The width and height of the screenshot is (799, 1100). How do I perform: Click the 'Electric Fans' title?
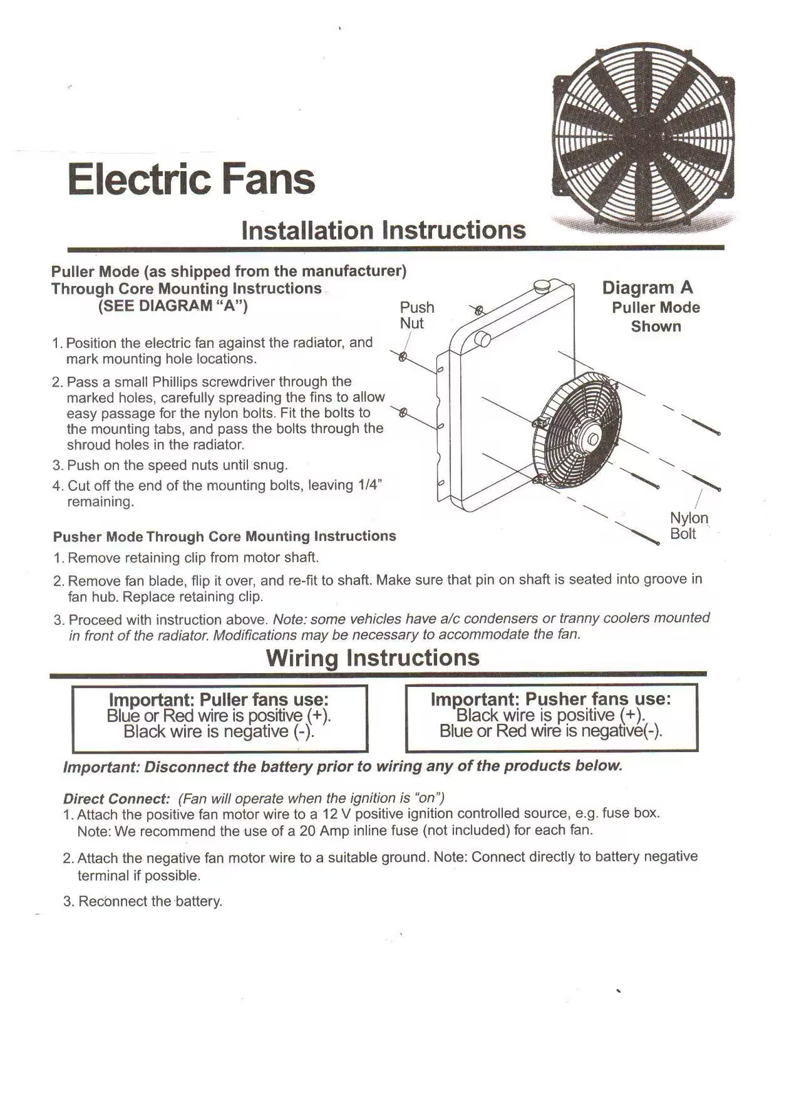191,179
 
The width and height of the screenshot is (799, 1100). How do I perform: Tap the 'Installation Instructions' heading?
383,230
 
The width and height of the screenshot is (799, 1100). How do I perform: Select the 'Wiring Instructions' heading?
372,657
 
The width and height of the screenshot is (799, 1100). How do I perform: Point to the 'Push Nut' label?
416,315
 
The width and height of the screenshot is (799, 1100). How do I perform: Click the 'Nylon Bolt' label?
688,526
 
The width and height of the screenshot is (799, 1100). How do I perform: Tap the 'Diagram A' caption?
647,287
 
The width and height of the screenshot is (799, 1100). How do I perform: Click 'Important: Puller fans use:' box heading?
219,699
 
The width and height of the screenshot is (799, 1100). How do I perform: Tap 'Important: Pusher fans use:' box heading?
550,698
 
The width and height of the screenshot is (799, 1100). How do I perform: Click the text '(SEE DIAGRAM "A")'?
172,306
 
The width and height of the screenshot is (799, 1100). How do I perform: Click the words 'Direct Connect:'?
116,799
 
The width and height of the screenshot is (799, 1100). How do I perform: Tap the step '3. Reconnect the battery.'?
143,901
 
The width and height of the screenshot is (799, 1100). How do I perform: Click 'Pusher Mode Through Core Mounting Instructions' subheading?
225,536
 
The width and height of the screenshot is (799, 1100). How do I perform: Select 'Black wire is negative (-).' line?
219,731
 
